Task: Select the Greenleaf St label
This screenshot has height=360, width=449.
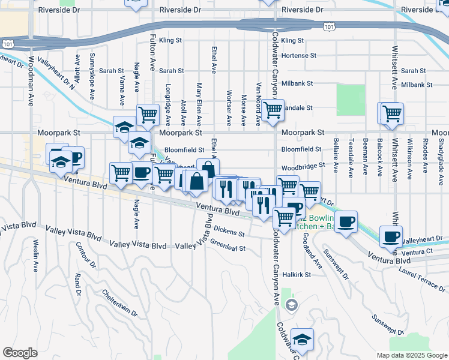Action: click(x=228, y=245)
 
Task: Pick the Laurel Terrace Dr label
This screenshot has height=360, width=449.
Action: click(x=422, y=275)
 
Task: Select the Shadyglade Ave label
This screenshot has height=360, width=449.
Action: click(x=441, y=158)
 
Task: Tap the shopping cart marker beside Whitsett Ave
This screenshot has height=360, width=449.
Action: click(x=391, y=113)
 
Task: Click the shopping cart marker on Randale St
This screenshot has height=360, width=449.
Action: click(x=273, y=110)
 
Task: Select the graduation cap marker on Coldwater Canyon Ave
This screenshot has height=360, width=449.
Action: click(x=303, y=340)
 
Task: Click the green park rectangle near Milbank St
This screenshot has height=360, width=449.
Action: click(x=351, y=100)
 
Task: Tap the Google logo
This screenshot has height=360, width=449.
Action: click(x=20, y=353)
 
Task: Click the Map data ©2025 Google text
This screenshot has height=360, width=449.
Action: click(x=411, y=355)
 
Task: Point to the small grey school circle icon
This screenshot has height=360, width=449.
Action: click(x=291, y=305)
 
